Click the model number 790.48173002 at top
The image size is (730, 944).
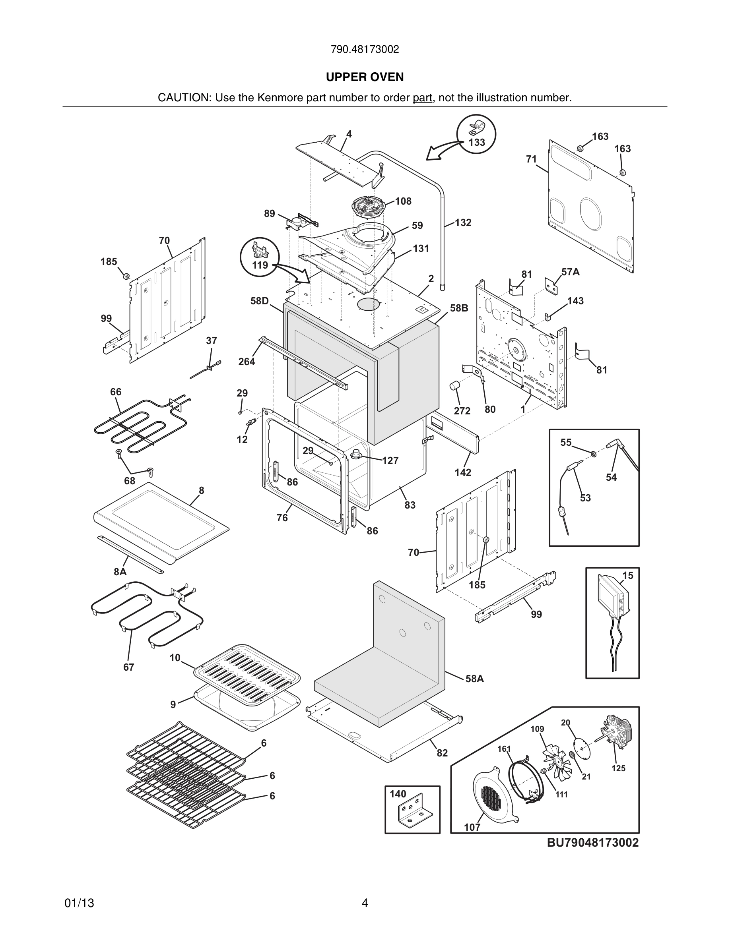click(x=365, y=49)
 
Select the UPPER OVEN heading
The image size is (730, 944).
click(x=365, y=77)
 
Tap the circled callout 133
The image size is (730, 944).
click(x=476, y=135)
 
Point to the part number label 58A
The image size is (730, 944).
click(x=474, y=679)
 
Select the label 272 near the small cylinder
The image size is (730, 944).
click(x=462, y=411)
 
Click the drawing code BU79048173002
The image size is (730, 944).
click(x=592, y=843)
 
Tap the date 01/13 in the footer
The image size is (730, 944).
click(x=79, y=903)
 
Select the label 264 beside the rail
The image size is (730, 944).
click(x=247, y=361)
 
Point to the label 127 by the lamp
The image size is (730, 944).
click(x=390, y=461)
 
